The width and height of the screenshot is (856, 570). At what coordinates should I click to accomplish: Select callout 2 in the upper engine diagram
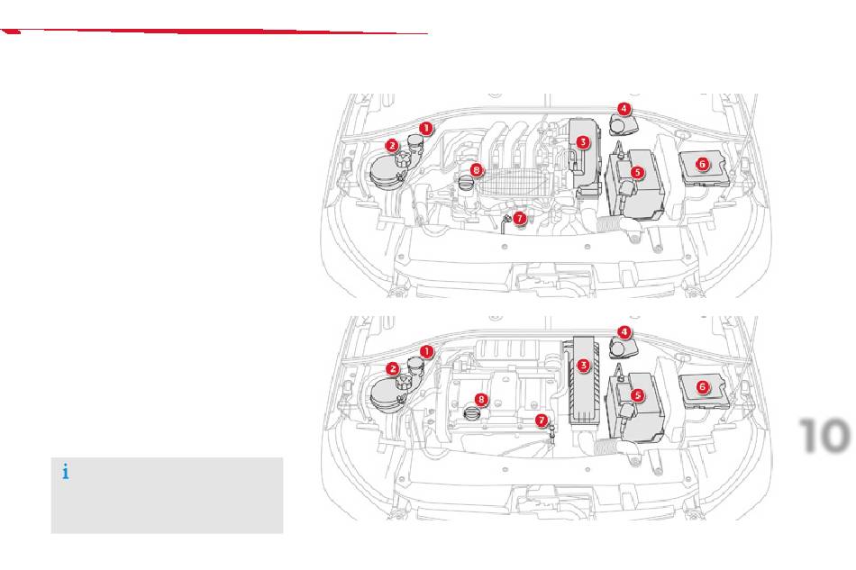(392, 145)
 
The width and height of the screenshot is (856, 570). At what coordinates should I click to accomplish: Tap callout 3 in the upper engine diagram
(583, 142)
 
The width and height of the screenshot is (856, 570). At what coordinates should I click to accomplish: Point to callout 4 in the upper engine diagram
(624, 108)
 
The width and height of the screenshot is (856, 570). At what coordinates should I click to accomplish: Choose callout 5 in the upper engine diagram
(636, 171)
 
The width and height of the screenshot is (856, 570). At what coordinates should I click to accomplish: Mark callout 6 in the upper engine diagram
(703, 164)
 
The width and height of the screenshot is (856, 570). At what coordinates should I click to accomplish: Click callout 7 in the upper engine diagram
(520, 218)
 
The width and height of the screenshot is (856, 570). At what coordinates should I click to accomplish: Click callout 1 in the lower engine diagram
(427, 351)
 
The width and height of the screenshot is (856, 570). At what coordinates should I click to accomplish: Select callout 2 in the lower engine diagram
(393, 368)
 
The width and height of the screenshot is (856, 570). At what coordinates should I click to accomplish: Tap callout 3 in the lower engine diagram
(584, 365)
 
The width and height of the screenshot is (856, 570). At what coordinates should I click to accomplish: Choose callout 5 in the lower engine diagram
(636, 394)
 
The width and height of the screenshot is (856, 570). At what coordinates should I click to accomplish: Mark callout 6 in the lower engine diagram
(703, 386)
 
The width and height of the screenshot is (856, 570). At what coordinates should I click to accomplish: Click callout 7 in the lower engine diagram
(542, 420)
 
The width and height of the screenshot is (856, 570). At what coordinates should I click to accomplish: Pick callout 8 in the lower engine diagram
(482, 399)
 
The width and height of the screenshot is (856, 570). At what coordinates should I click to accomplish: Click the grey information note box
(167, 495)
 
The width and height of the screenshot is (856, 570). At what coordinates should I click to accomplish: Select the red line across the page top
(216, 32)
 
